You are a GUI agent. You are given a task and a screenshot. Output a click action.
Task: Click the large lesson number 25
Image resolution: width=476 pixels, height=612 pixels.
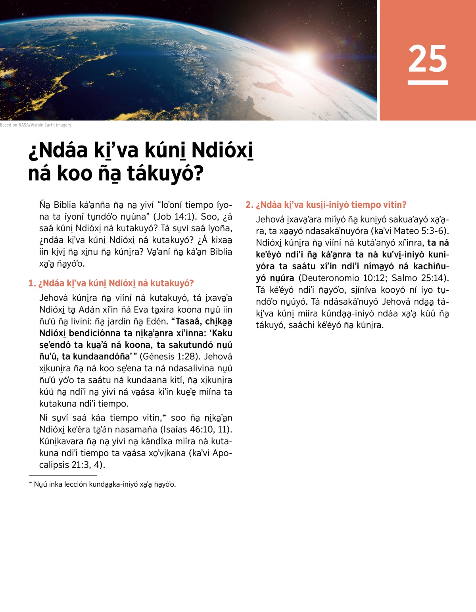(x=428, y=59)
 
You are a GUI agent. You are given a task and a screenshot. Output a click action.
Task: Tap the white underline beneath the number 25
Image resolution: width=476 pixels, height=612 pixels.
(x=428, y=82)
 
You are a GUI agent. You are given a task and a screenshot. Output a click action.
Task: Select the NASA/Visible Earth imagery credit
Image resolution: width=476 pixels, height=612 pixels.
(x=36, y=125)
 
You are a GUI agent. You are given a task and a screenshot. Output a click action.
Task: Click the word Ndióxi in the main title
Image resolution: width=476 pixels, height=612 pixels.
(x=222, y=151)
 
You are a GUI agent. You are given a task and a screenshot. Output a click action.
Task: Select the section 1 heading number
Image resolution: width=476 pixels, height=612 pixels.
(x=32, y=283)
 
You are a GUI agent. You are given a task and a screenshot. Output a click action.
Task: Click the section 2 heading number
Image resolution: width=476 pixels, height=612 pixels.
(x=249, y=205)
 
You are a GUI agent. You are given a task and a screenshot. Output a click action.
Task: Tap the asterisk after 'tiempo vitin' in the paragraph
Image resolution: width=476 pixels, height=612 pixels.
(x=164, y=416)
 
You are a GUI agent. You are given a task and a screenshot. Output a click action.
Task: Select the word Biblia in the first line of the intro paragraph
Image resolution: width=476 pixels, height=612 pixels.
(x=65, y=205)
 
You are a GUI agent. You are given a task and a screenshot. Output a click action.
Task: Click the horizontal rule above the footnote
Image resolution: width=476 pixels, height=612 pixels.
(x=63, y=475)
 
